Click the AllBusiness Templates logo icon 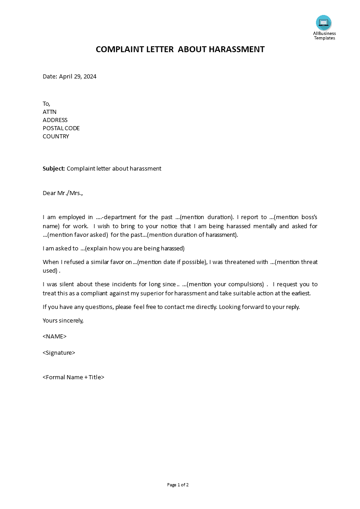pos(324,23)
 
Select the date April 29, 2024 pos(78,77)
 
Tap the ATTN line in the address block pos(49,112)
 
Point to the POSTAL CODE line pos(61,128)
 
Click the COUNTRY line pos(56,137)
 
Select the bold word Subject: pos(54,169)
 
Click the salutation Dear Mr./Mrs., pos(63,193)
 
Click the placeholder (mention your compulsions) pos(226,284)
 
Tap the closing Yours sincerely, pos(63,320)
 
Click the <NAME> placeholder pos(54,337)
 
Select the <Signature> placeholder pos(59,353)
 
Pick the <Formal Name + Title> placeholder pos(74,377)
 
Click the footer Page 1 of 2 pos(178,485)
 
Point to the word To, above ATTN pos(46,104)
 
